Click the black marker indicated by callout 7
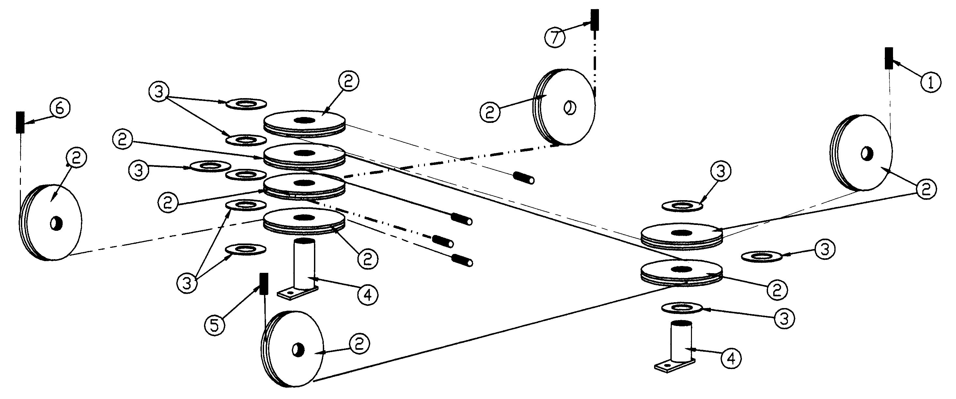tap(595, 20)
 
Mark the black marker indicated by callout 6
tap(20, 122)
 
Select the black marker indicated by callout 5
tap(264, 284)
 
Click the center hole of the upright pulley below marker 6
tap(56, 223)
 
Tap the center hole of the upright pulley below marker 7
tap(569, 108)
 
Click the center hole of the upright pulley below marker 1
tap(867, 154)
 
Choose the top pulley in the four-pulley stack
tap(304, 122)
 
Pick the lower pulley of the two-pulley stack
tap(682, 274)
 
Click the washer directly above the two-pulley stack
tap(682, 205)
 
